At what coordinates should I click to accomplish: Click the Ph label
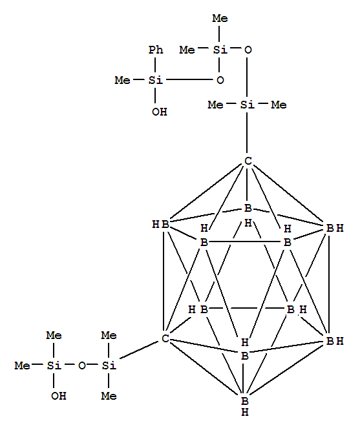coord(156,50)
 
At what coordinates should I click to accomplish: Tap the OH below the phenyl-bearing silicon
coord(160,112)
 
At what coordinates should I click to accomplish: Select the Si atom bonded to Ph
coord(156,80)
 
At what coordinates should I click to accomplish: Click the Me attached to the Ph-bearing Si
coord(123,80)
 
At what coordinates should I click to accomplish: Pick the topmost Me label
coord(220,18)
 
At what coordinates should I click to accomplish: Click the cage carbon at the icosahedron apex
coord(248,161)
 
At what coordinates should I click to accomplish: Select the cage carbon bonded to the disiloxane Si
coord(165,338)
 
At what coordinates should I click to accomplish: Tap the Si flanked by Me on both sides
coord(247,105)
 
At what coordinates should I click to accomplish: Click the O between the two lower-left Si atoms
coord(82,365)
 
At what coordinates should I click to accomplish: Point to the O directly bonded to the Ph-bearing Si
coord(220,80)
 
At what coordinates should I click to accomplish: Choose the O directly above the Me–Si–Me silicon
coord(248,50)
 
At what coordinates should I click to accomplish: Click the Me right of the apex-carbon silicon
coord(279,105)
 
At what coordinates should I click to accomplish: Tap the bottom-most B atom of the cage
coord(245,401)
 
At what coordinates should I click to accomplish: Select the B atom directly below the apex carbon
coord(248,208)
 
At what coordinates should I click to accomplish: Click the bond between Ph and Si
coord(155,65)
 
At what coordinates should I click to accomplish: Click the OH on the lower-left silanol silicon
coord(58,396)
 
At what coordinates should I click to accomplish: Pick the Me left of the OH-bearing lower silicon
coord(23,365)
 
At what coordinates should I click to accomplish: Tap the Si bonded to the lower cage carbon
coord(109,365)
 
